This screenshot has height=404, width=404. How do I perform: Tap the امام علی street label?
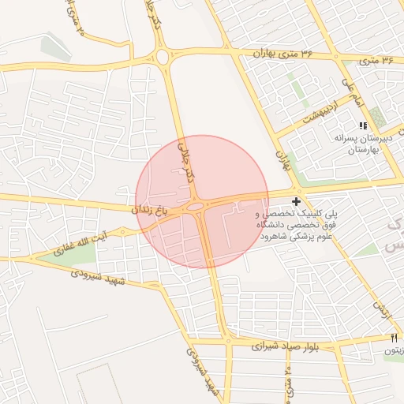(x=351, y=92)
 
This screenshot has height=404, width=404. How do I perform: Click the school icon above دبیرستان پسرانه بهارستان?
(x=363, y=125)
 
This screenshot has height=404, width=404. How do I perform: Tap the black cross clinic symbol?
(x=296, y=202)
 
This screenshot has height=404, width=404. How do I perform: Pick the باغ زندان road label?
(x=151, y=210)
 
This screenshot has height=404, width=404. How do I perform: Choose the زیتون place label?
(x=394, y=350)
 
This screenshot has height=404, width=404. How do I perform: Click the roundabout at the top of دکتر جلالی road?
(x=163, y=57)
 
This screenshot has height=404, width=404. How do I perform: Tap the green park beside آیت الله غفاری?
(x=78, y=254)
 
